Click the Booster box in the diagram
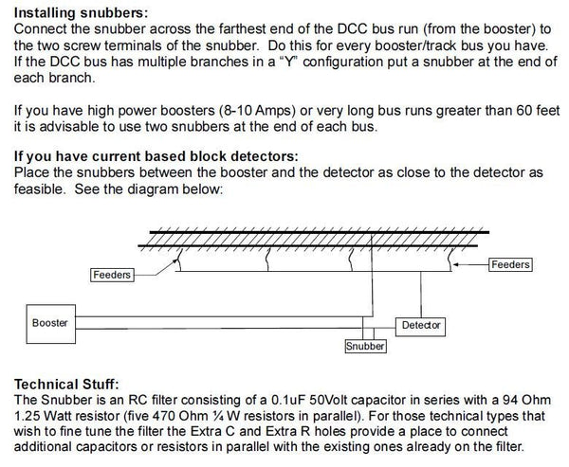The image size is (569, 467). coord(50,323)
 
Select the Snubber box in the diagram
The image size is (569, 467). coord(365,347)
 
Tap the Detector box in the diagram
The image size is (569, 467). coord(421,325)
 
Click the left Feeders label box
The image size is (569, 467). coord(112,275)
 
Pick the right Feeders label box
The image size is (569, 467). coord(511,264)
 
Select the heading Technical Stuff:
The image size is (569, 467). coord(66,385)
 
